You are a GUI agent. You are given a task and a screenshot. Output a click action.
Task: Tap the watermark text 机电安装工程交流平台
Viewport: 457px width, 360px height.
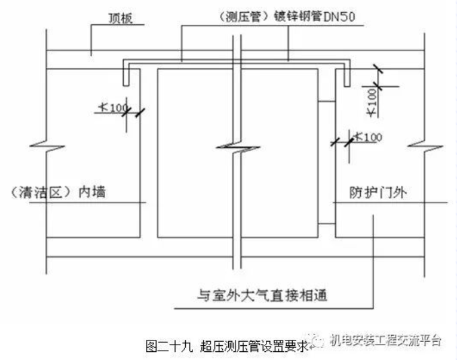(x=385, y=341)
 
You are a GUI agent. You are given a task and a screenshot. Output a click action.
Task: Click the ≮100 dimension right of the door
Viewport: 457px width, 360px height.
(x=366, y=137)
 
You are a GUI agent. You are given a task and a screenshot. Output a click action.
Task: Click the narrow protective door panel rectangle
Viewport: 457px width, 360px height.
(x=326, y=162)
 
